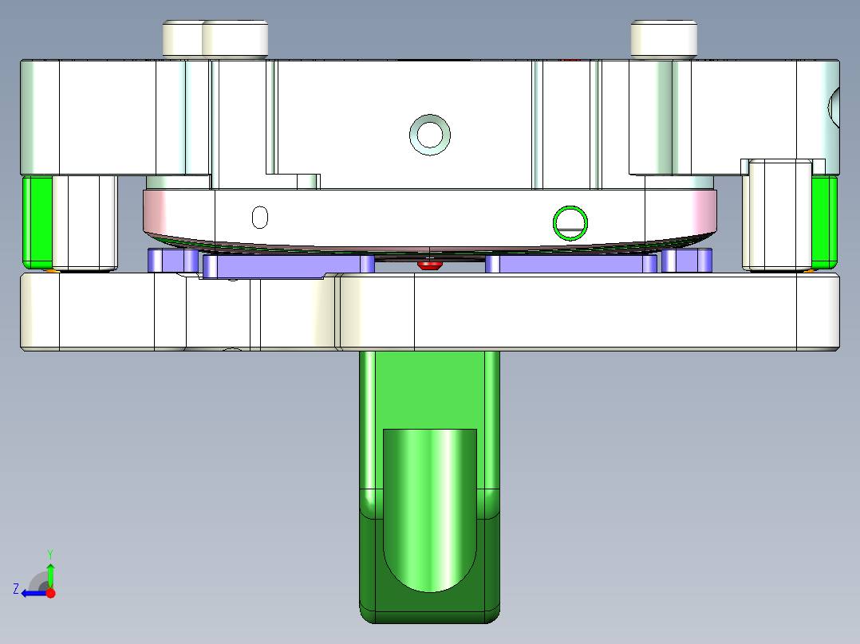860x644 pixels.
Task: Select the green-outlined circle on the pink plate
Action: coord(571,222)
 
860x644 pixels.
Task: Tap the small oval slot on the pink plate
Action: coord(259,216)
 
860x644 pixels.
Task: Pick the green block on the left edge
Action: coord(37,222)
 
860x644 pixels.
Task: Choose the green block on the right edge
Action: coord(824,222)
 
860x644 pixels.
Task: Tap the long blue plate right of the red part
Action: coord(570,264)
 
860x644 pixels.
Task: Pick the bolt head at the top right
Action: coord(664,38)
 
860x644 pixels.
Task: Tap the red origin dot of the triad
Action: coord(50,593)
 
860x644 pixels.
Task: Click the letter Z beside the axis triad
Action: coord(15,589)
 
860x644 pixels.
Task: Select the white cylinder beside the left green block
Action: coord(85,223)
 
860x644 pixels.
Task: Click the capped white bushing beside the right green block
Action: coord(776,215)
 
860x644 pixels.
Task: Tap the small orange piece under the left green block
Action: coord(51,270)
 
